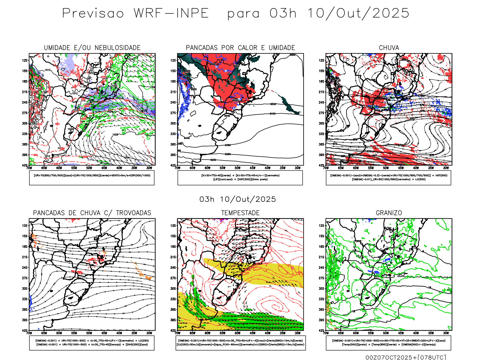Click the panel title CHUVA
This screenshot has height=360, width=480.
tap(389, 48)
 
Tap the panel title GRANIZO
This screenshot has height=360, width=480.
tap(389, 213)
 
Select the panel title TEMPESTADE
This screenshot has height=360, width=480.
tap(240, 213)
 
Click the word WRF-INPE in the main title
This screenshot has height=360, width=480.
tap(171, 13)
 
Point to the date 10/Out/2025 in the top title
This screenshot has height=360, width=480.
tap(358, 13)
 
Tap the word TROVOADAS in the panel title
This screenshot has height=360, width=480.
tap(133, 213)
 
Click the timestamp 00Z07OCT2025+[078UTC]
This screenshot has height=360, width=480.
tap(406, 357)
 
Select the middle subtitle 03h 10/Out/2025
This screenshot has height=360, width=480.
tap(238, 199)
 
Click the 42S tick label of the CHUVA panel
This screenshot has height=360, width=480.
tap(321, 165)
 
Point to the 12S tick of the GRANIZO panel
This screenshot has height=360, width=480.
tap(321, 226)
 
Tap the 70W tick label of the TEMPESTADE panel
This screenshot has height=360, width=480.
tap(178, 333)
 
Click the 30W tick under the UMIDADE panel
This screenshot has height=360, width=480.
tap(149, 168)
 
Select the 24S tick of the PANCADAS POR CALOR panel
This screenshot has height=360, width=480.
tap(173, 102)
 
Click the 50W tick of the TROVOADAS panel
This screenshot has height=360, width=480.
tap(89, 333)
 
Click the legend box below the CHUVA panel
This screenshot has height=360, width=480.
tap(388, 178)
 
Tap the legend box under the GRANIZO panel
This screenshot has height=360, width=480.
tap(388, 343)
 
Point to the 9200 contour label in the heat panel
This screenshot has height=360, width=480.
tap(213, 160)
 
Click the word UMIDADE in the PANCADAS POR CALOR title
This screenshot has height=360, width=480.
tap(282, 48)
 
